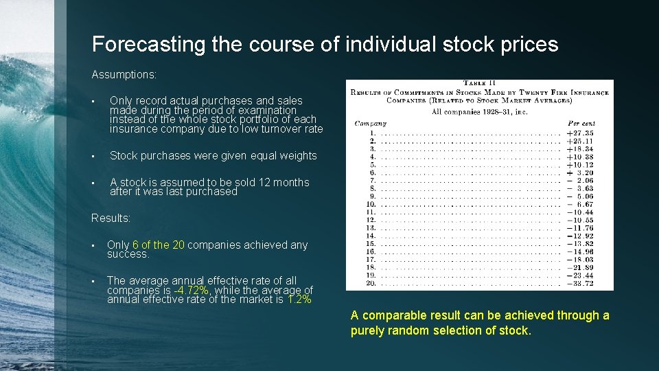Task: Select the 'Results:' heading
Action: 111,218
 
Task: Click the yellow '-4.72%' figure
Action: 192,290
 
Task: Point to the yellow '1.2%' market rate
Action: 299,300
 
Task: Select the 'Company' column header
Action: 371,124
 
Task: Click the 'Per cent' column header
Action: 581,124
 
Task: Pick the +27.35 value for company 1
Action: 580,133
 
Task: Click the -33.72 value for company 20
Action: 580,284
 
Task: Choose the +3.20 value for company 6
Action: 580,172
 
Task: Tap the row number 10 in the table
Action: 371,204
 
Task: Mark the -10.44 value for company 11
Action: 580,212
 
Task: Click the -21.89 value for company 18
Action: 580,268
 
